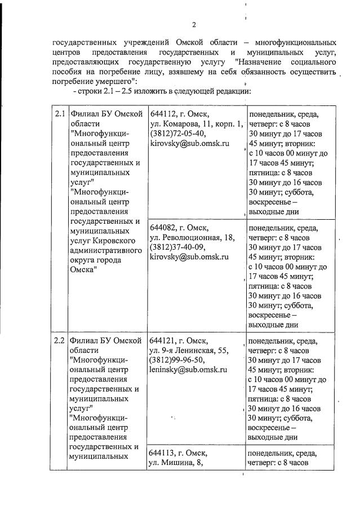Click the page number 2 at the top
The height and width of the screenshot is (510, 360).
[193, 24]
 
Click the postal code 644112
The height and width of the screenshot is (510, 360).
[162, 114]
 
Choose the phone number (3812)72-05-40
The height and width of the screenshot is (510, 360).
[177, 134]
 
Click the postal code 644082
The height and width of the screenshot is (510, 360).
[162, 228]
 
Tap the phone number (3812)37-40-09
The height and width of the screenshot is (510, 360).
[177, 247]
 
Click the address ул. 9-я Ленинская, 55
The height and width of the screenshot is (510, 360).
[188, 351]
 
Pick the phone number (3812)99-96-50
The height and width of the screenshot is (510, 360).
[177, 360]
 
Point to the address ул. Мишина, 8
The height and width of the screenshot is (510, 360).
[175, 463]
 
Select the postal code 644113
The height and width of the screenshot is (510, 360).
[162, 453]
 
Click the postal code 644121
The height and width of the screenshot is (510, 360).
[162, 341]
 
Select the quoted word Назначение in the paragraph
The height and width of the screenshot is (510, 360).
[261, 61]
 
